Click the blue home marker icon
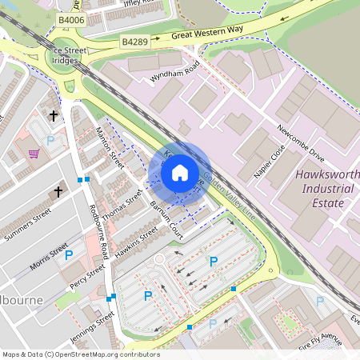pos(180,173)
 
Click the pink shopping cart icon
pos(34,154)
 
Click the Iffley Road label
pos(128,4)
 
